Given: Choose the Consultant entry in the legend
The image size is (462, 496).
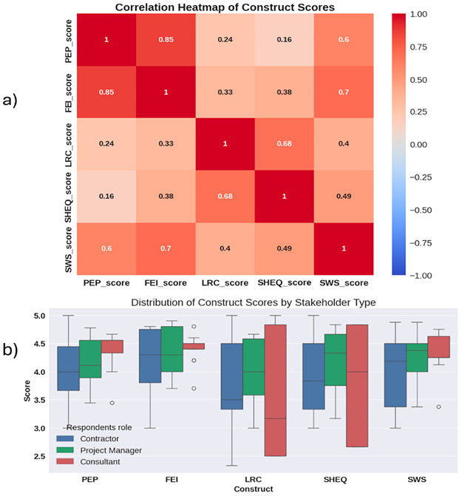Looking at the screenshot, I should (x=106, y=462).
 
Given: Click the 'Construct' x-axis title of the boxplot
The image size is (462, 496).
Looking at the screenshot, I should (x=252, y=489).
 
